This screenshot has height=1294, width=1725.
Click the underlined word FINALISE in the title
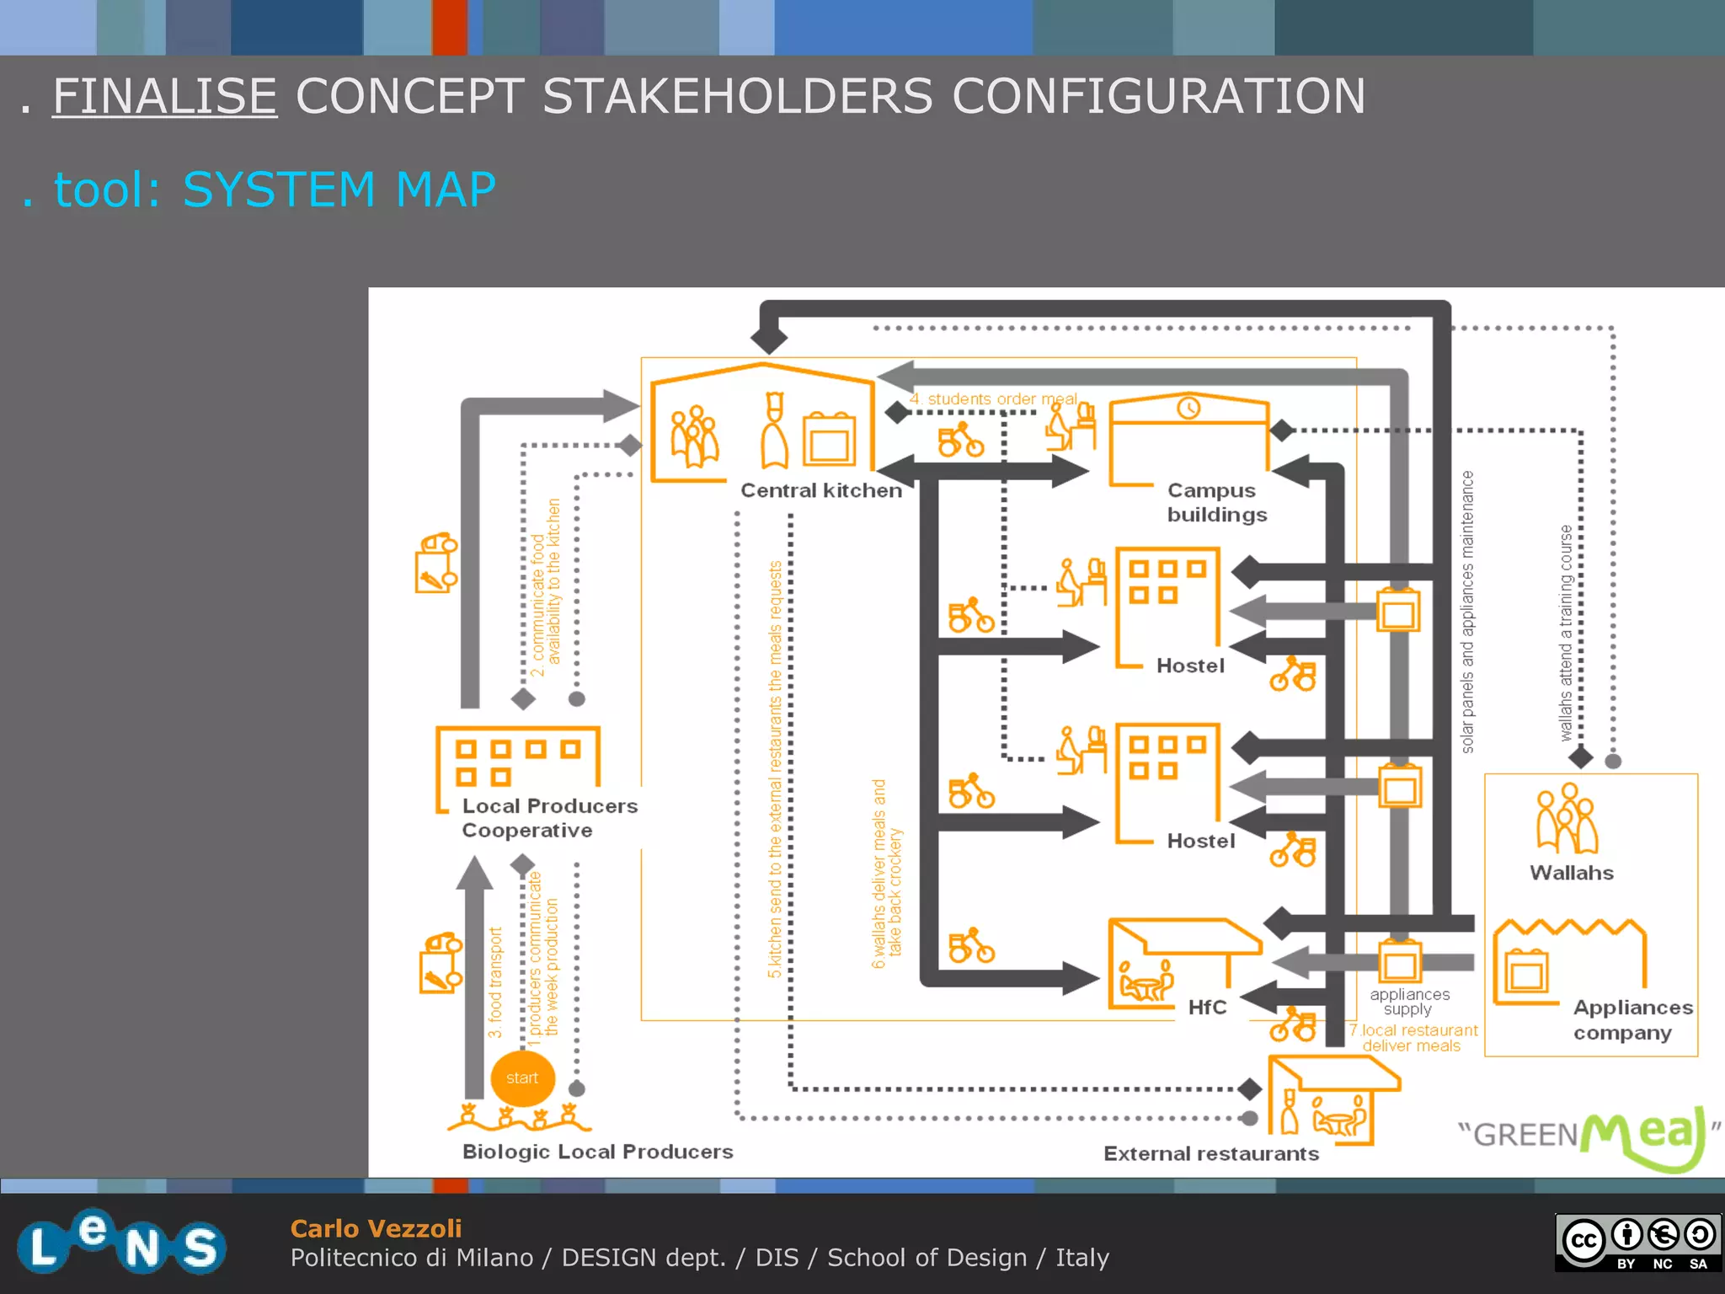tap(164, 96)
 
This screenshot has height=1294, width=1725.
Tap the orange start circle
tap(522, 1078)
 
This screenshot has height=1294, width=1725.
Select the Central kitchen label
tap(820, 490)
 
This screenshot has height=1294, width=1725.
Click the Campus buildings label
tap(1215, 502)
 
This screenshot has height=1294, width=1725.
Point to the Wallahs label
tap(1571, 873)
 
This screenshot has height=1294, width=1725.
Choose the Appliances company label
tap(1632, 1019)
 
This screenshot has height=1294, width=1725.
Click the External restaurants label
tap(1210, 1153)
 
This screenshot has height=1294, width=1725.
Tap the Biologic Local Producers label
tap(597, 1152)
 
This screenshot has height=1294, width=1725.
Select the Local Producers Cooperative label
tap(549, 818)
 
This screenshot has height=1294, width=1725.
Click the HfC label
tap(1207, 1008)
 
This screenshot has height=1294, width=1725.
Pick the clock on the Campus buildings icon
tap(1188, 408)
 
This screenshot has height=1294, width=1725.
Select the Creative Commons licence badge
tap(1638, 1242)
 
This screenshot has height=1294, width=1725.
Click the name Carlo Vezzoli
tap(376, 1228)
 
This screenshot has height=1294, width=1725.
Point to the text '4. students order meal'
tap(993, 398)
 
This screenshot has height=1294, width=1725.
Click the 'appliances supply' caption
tap(1409, 1002)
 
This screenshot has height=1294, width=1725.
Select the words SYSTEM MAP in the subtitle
tap(339, 190)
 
